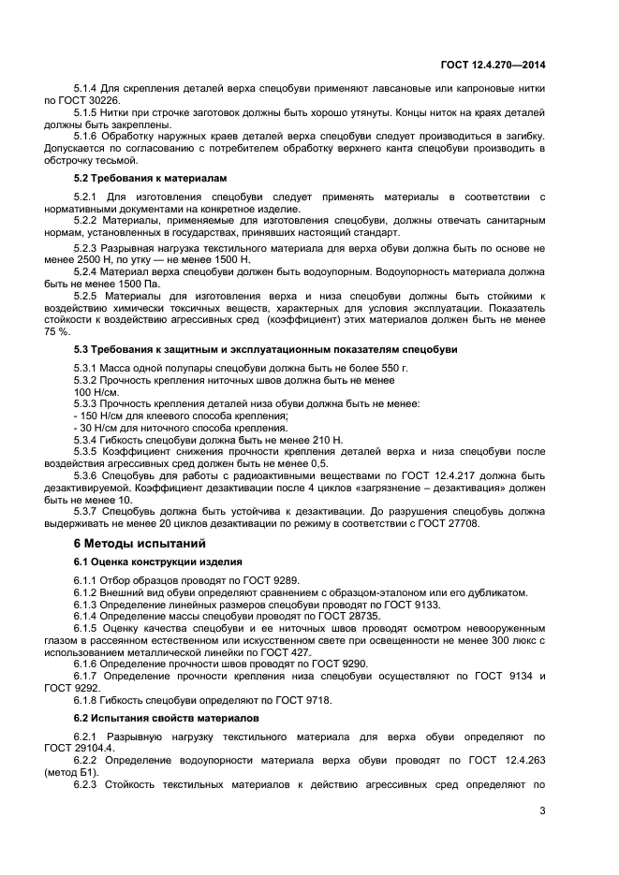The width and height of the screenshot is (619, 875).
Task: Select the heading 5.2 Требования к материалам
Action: click(x=135, y=178)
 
